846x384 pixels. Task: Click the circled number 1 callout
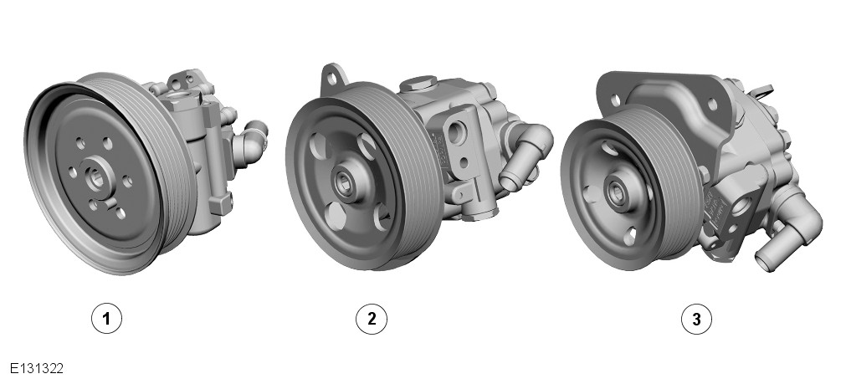pos(106,318)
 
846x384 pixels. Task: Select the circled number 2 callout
pos(372,318)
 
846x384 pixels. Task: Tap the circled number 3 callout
pos(696,319)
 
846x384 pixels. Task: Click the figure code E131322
pos(37,369)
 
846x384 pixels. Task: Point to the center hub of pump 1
pos(98,178)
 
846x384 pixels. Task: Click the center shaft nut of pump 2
pos(343,184)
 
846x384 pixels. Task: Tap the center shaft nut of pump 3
pos(616,191)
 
